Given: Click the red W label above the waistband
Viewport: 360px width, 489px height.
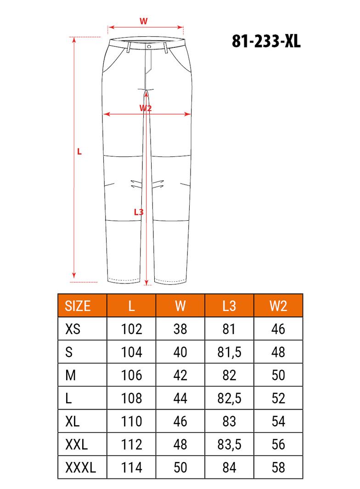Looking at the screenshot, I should pyautogui.click(x=143, y=21).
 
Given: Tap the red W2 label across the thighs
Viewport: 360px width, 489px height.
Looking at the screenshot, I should pyautogui.click(x=145, y=108).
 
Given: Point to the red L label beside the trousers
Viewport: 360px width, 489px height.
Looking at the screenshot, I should pyautogui.click(x=79, y=151).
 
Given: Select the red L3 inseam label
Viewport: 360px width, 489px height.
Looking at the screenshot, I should pyautogui.click(x=138, y=212).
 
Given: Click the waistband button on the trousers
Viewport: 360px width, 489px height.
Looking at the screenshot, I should pyautogui.click(x=149, y=46).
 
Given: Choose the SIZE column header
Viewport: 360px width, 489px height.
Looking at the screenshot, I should pyautogui.click(x=78, y=306).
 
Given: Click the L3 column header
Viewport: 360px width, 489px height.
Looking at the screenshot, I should pyautogui.click(x=229, y=306).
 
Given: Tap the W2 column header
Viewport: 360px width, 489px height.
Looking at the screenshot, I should pyautogui.click(x=278, y=306).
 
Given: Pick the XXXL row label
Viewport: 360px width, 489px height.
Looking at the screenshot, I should pyautogui.click(x=81, y=467).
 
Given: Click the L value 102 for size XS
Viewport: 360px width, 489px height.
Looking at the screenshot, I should pyautogui.click(x=132, y=329).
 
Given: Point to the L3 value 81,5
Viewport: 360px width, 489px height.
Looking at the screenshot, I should pyautogui.click(x=229, y=352).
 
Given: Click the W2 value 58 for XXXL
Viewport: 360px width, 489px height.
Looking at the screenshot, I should pyautogui.click(x=278, y=467).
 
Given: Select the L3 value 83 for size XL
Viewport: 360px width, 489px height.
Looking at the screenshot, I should pyautogui.click(x=229, y=421).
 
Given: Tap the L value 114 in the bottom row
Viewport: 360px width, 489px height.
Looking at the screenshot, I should pyautogui.click(x=132, y=467).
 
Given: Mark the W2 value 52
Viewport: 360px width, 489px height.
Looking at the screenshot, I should pyautogui.click(x=278, y=398).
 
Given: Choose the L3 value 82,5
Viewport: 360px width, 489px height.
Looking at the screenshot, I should pyautogui.click(x=229, y=398).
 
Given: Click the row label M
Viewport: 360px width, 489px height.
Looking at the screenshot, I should pyautogui.click(x=71, y=375).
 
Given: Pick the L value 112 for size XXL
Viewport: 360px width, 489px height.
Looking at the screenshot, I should pyautogui.click(x=132, y=444).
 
